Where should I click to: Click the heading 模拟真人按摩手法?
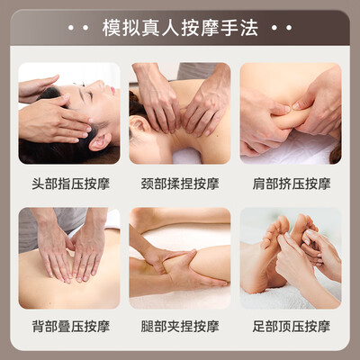click(180, 29)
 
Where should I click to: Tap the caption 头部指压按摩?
click(69, 184)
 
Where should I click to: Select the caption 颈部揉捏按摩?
click(180, 184)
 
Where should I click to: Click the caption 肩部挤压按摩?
click(291, 184)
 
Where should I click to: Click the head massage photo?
click(69, 113)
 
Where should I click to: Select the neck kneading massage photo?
click(180, 113)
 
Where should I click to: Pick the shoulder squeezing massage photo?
click(291, 113)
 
